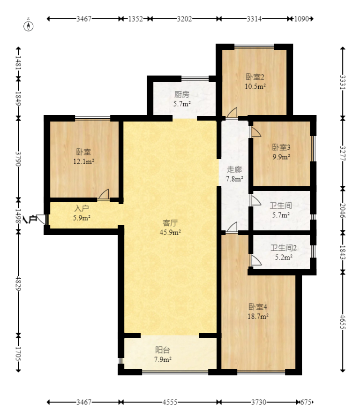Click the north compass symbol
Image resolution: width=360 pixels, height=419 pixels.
tap(29, 26)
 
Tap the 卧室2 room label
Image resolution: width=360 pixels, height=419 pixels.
tap(255, 77)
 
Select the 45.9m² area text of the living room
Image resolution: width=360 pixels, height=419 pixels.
tap(170, 232)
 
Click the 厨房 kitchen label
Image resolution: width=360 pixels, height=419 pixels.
tap(182, 94)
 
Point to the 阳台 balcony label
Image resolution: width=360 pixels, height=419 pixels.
tap(163, 350)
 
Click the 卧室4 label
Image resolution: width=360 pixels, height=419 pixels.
tap(258, 306)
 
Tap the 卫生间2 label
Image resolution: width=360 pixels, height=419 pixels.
tap(284, 248)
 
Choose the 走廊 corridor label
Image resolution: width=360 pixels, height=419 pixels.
tap(234, 169)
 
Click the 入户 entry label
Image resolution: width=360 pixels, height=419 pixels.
tap(82, 208)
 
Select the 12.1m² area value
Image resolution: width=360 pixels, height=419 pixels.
tap(84, 161)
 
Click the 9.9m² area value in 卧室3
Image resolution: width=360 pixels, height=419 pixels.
tap(281, 157)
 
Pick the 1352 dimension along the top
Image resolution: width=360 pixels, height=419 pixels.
tap(135, 19)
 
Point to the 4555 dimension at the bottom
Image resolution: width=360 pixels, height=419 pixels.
tap(170, 402)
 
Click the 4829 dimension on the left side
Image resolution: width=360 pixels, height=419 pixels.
tap(18, 283)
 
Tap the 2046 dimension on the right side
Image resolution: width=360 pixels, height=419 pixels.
tap(343, 211)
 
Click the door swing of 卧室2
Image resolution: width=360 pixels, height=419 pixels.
tap(232, 112)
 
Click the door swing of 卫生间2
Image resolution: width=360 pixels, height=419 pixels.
tap(255, 260)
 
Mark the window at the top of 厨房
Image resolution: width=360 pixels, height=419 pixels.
tap(195, 78)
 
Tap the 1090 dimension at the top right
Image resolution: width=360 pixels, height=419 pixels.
tap(301, 19)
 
